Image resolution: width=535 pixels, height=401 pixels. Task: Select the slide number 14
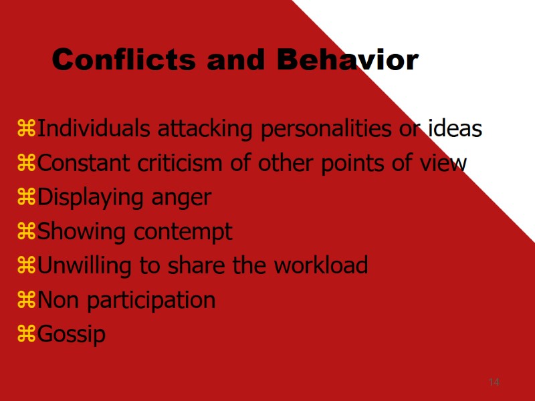coord(494,382)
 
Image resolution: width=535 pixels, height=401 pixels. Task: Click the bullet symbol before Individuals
coord(27,128)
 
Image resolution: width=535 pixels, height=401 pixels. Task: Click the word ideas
coord(455,128)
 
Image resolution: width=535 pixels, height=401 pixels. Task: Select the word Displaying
coord(90,198)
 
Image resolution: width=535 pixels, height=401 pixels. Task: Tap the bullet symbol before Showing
coord(27,231)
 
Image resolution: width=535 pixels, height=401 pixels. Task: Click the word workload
coord(320,265)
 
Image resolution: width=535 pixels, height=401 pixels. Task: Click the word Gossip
coord(72,334)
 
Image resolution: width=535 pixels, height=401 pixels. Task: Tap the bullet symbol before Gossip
coord(27,333)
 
